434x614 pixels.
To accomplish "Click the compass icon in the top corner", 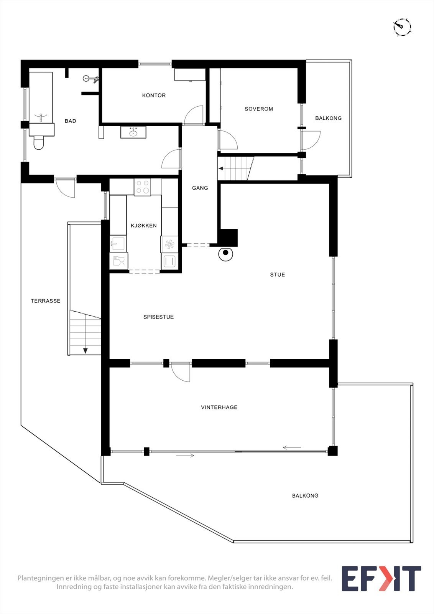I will coord(402,27).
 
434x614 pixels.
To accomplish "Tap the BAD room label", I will coord(71,121).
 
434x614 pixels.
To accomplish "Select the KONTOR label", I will coord(154,95).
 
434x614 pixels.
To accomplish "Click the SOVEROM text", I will coord(259,109).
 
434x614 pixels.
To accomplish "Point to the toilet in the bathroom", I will coord(39,143).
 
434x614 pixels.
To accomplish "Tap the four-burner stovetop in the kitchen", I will coord(143,187).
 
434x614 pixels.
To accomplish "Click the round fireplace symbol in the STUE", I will coord(226,253).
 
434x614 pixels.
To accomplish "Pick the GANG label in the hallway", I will coord(200,188).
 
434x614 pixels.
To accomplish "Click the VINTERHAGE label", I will coord(219,407).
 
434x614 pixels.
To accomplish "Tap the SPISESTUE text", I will coord(158,317).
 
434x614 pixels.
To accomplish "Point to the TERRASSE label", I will coord(45,301).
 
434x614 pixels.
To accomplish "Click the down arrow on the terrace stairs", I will coord(85,350).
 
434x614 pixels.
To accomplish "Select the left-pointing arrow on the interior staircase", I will coord(221,168).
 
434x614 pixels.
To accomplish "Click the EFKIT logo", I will coord(381,579).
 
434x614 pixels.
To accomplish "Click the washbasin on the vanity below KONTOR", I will coord(133,132).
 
